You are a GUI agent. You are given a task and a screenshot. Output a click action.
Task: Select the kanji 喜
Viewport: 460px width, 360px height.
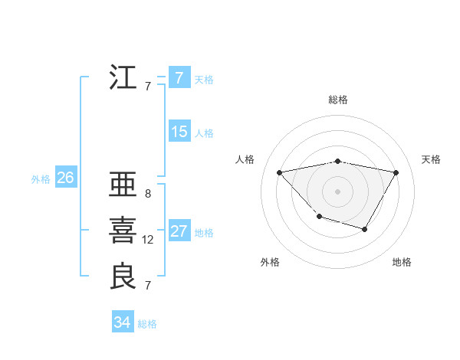(123, 231)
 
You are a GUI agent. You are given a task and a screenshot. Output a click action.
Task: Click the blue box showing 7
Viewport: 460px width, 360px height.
(179, 78)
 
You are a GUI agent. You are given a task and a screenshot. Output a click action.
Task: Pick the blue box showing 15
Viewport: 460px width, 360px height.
(179, 132)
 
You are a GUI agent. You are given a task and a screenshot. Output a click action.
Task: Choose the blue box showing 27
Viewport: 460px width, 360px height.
(179, 231)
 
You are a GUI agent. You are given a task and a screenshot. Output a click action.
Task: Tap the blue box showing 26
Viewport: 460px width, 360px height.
(65, 178)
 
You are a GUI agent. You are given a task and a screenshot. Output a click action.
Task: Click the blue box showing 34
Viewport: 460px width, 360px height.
(122, 322)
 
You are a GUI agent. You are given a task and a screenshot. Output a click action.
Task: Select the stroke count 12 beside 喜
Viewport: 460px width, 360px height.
(148, 240)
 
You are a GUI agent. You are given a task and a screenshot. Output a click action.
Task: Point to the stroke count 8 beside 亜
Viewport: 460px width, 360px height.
(147, 194)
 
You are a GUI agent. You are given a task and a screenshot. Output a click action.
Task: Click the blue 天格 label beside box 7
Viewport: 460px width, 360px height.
(204, 80)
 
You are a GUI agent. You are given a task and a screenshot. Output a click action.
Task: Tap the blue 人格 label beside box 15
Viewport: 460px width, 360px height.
(204, 133)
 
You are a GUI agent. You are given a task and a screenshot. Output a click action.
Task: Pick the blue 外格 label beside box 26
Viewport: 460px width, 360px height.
(41, 179)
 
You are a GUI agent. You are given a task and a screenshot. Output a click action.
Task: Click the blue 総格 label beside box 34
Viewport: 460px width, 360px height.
(147, 324)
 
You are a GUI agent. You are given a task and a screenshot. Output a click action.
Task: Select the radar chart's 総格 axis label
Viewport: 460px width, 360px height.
(337, 100)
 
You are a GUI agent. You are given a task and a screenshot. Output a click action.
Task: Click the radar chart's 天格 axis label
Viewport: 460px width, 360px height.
(431, 159)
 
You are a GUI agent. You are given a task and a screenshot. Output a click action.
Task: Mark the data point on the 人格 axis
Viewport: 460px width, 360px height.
(280, 172)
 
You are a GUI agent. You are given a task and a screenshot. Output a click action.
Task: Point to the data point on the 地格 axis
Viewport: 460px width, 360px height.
(365, 229)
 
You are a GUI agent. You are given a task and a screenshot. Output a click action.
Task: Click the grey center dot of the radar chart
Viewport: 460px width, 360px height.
(337, 191)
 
